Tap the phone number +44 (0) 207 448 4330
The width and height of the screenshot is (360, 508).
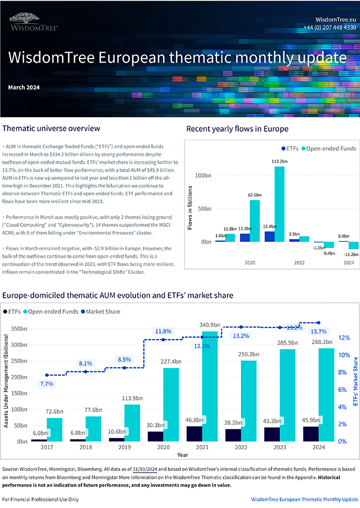pyautogui.click(x=330, y=27)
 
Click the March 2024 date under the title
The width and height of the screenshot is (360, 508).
pyautogui.click(x=24, y=87)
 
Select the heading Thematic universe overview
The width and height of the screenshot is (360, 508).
pyautogui.click(x=52, y=128)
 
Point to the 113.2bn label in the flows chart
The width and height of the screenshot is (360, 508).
pyautogui.click(x=279, y=161)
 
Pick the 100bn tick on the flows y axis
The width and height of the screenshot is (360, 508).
pyautogui.click(x=204, y=175)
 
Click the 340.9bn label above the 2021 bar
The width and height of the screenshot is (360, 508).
pyautogui.click(x=210, y=325)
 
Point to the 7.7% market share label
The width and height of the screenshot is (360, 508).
pyautogui.click(x=47, y=383)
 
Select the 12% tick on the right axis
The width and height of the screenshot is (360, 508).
pyautogui.click(x=343, y=338)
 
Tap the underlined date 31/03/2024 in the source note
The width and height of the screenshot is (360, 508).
pyautogui.click(x=147, y=468)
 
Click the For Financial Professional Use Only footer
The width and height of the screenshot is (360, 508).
pyautogui.click(x=40, y=499)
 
